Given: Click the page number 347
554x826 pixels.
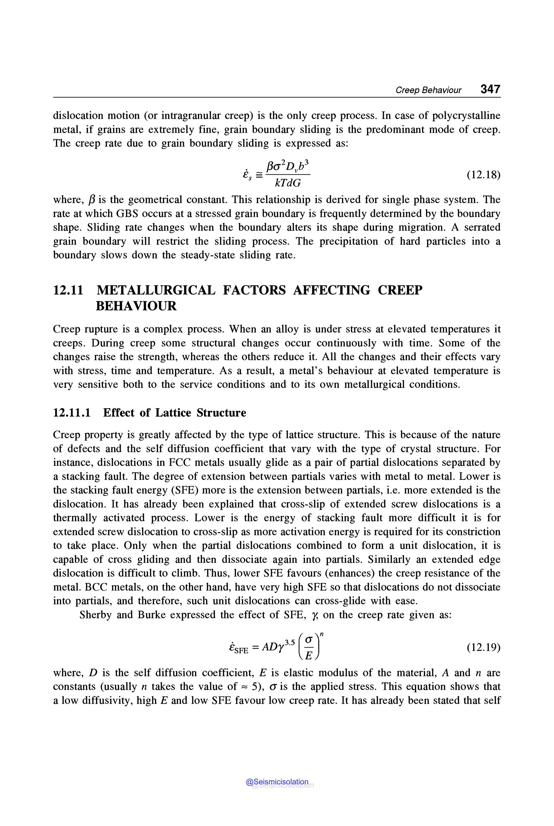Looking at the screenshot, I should click(490, 89).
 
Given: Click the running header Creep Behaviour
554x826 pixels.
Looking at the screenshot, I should click(428, 90).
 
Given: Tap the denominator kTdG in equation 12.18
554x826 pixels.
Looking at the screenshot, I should click(288, 183).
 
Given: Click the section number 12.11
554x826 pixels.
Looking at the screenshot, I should click(68, 290).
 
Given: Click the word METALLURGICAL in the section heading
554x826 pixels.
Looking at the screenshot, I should click(156, 290).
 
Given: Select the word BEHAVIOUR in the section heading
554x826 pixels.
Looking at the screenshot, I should click(136, 306).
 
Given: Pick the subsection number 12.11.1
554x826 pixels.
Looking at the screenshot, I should click(72, 413).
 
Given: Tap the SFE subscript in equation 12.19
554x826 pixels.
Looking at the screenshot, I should click(241, 651).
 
